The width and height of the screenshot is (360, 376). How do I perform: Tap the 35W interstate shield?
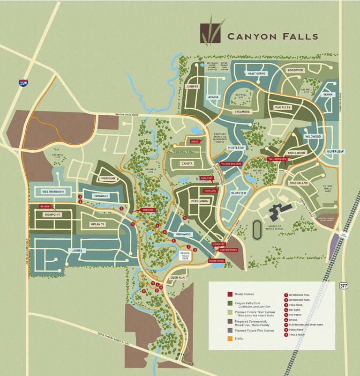(23, 83)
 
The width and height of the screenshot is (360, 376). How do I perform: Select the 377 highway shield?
(344, 285)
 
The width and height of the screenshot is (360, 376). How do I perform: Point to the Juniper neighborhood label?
(192, 87)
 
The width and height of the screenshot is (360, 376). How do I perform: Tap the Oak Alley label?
(283, 107)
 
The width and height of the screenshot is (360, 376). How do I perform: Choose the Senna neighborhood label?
(327, 95)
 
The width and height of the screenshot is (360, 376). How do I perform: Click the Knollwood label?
(296, 153)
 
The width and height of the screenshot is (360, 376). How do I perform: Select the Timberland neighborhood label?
(299, 183)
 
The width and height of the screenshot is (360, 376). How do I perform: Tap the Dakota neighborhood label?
(188, 164)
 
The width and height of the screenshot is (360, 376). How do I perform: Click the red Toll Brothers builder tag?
(277, 159)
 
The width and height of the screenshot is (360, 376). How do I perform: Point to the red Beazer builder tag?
(45, 206)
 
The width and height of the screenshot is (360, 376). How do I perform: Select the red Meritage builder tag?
(148, 210)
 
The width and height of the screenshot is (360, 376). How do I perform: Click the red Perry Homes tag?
(217, 260)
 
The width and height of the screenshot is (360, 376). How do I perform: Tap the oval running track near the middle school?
(257, 229)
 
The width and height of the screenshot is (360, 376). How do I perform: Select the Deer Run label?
(178, 277)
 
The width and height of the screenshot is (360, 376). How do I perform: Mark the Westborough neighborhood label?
(52, 192)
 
